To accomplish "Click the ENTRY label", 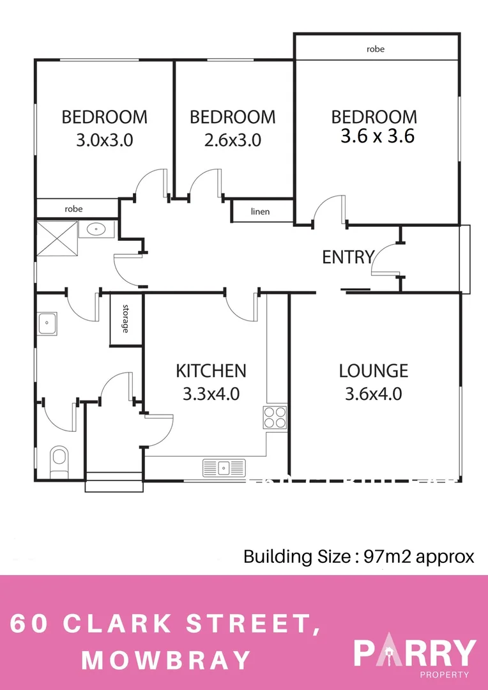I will coord(347,257).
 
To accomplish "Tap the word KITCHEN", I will coord(211,371).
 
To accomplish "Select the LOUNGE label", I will coord(373,371).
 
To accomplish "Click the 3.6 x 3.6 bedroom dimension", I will coord(377,136).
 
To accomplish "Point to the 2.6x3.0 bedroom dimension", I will coord(233,140).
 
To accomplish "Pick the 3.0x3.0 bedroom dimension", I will coord(104,140).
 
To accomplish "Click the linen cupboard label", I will coord(260,211).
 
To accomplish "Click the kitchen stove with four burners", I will coord(275,417).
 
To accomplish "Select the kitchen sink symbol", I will coord(224,468).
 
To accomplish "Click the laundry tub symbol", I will coord(48,324).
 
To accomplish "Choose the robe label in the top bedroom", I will coord(376,49).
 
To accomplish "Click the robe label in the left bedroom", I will coord(73,209).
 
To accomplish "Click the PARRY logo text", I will coord(415,653).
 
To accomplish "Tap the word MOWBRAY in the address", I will coord(166,660).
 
